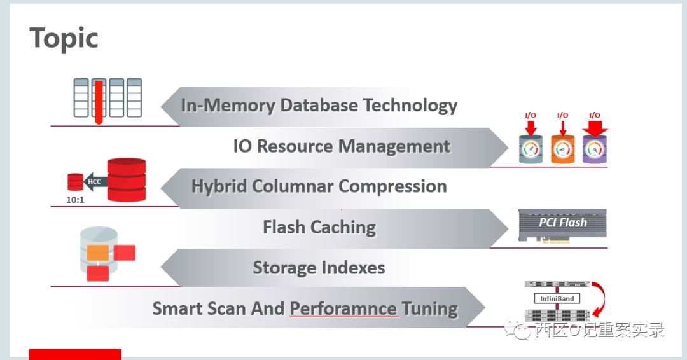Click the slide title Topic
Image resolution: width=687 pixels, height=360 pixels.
pos(64,39)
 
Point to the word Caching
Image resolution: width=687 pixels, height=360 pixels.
pos(345,227)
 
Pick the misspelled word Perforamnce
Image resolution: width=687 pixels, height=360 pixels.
pos(343,309)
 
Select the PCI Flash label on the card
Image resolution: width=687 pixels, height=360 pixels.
pos(562,223)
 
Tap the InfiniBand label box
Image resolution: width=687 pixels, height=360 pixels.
pos(557,298)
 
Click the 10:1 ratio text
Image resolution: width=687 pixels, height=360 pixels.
pos(75,199)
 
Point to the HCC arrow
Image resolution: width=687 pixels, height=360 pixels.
pos(94,181)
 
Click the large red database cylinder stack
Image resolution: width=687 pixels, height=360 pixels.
pos(127,179)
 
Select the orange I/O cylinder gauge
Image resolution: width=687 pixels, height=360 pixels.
pos(562,149)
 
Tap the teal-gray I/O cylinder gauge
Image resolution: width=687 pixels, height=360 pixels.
pos(531,149)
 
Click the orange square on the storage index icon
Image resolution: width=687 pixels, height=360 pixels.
pos(97,253)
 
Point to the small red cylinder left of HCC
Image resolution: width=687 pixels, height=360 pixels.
pos(75,182)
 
